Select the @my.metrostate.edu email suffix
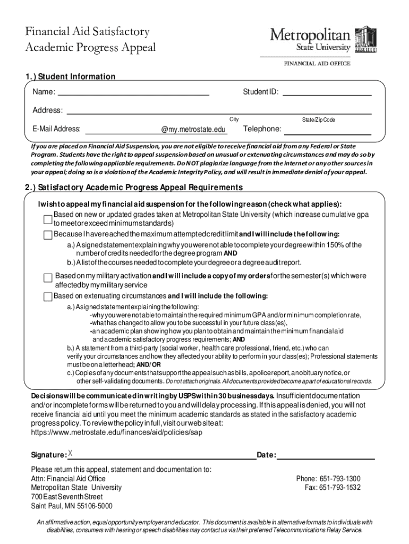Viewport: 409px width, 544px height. click(193, 130)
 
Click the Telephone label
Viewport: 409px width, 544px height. click(262, 129)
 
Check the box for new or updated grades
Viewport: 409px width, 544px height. click(48, 219)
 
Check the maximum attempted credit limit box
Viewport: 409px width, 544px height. click(48, 235)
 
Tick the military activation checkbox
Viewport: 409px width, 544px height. click(48, 278)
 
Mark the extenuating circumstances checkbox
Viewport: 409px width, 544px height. click(48, 296)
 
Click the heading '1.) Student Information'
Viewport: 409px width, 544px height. click(70, 76)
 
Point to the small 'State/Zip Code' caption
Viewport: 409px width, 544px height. click(318, 120)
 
